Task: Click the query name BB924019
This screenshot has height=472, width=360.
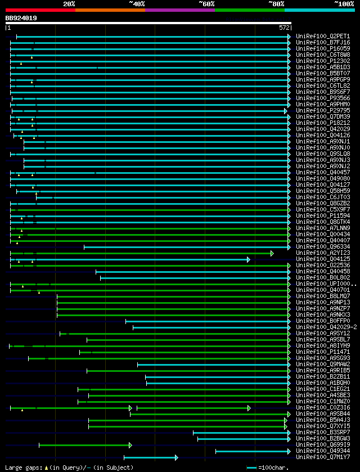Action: [x=21, y=18]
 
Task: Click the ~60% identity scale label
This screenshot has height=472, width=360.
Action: [x=206, y=3]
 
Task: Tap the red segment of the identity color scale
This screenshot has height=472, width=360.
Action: [x=40, y=10]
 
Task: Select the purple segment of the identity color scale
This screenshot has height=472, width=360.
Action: [x=179, y=10]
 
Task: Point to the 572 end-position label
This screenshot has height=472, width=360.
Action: [x=284, y=28]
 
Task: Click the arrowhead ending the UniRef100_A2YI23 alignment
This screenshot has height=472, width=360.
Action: [x=272, y=253]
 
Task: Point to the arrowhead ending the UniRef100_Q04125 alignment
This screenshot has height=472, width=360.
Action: [x=248, y=259]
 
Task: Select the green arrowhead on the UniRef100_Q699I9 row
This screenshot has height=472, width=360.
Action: [x=130, y=445]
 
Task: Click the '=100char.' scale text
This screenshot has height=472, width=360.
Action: [x=274, y=467]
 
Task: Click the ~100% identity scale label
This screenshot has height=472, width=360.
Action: [x=344, y=3]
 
